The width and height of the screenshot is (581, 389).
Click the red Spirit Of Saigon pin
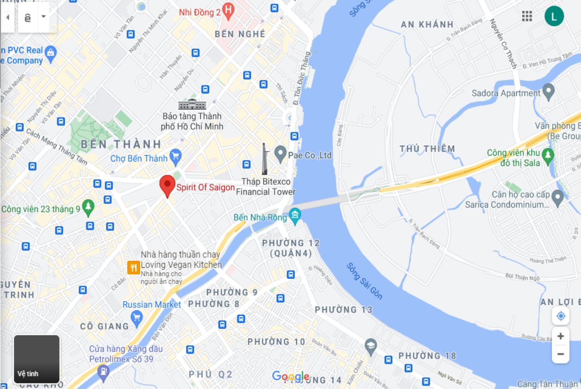[x=168, y=185]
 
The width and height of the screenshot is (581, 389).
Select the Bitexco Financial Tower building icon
[x=265, y=160]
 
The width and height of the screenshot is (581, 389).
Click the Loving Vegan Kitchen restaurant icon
[x=133, y=267]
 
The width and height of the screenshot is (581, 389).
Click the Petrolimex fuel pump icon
[x=103, y=371]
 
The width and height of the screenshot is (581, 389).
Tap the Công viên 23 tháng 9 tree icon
[x=88, y=206]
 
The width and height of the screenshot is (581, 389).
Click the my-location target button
[x=560, y=316]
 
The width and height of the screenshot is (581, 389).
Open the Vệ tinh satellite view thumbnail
[x=37, y=359]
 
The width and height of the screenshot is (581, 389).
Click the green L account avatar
[x=554, y=17]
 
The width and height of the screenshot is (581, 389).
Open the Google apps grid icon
[x=527, y=17]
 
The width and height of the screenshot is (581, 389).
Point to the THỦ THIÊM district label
[x=427, y=149]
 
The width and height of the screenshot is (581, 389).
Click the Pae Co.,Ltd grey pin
[x=280, y=153]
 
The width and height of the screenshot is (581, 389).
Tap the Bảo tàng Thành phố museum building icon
[x=192, y=104]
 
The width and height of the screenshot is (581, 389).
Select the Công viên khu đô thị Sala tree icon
[x=547, y=155]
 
